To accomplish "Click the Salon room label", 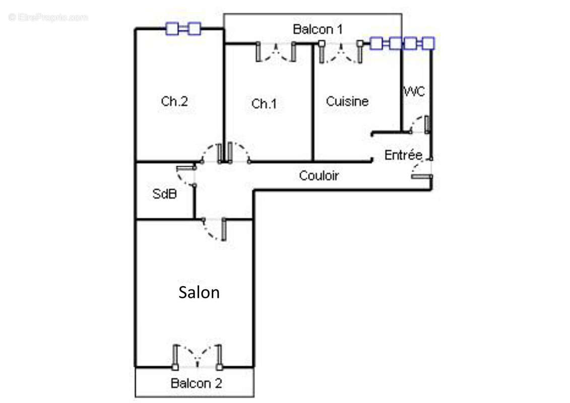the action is (x=199, y=293).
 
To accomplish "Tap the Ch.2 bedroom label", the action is (x=174, y=101).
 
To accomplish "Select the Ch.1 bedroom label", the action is (x=264, y=104).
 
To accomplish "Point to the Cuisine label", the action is (x=347, y=101).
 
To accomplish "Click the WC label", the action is (x=414, y=91).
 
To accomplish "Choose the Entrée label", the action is (x=403, y=155).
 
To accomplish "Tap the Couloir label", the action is (x=319, y=176).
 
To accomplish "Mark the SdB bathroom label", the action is (x=164, y=193).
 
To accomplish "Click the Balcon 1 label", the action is (x=318, y=29).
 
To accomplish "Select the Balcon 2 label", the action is (x=197, y=383).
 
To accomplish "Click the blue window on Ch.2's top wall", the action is (x=183, y=29).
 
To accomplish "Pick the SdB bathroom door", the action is (x=186, y=176).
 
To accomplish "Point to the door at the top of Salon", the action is (x=214, y=229).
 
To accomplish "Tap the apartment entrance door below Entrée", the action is (x=422, y=169).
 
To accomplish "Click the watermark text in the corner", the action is (x=48, y=18).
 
